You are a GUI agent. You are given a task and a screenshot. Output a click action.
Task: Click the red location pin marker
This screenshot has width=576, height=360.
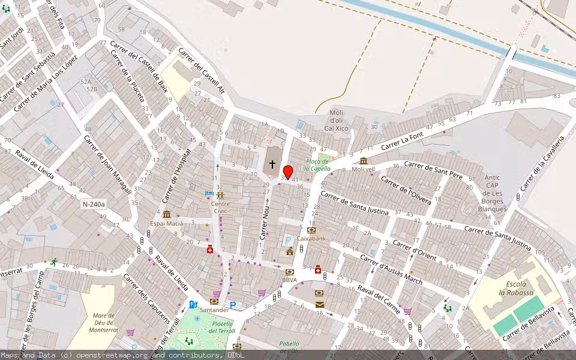point(287,173)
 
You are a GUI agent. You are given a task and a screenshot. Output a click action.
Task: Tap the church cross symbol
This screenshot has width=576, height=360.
point(272,164)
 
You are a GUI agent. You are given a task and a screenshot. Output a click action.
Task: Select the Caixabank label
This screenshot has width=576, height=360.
point(311,238)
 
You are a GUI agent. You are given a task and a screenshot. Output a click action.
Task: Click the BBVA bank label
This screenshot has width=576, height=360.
point(289,280)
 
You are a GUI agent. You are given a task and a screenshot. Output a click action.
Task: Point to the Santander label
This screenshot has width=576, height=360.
point(215,310)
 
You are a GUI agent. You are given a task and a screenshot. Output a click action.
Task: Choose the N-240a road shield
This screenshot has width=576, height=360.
point(94,205)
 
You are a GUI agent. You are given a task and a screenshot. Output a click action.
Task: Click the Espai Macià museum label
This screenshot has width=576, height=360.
point(166,224)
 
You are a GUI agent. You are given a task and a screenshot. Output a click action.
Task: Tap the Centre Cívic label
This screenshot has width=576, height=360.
point(221,207)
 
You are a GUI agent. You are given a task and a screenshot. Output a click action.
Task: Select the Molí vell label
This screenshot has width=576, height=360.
point(363,169)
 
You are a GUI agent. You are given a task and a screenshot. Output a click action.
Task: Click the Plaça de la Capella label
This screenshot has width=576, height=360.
point(318,165)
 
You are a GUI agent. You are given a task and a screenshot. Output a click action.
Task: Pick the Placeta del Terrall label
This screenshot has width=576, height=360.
point(223,327)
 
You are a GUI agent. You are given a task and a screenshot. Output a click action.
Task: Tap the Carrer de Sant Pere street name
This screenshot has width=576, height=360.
point(433,169)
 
